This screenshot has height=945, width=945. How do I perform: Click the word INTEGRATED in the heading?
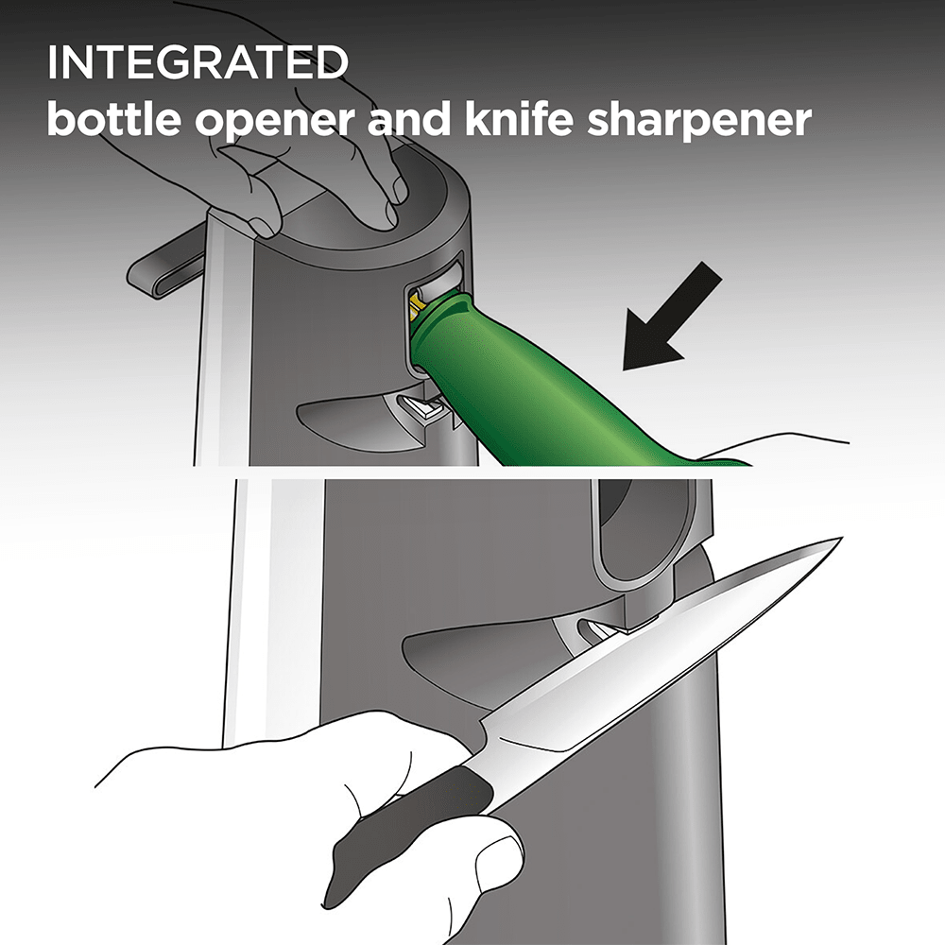198,62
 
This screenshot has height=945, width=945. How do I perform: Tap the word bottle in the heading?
114,119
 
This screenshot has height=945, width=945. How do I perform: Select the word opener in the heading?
275,122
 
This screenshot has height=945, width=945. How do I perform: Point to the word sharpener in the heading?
699,122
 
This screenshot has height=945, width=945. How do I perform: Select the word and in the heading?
409,119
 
